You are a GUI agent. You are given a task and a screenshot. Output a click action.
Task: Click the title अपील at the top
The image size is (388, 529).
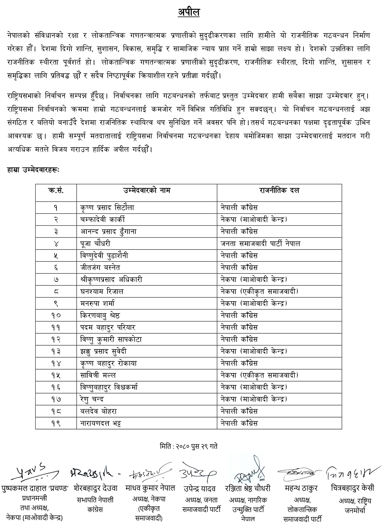tap(188, 12)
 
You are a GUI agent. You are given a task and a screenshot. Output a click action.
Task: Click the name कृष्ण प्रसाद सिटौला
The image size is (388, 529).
tap(107, 208)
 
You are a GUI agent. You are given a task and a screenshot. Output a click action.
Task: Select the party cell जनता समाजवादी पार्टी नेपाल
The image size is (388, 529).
tap(260, 244)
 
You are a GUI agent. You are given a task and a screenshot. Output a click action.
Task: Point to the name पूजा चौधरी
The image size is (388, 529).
tap(95, 244)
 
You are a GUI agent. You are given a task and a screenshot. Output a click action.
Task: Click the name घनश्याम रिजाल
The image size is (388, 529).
tap(102, 291)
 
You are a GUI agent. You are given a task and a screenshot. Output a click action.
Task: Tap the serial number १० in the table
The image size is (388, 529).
tap(56, 315)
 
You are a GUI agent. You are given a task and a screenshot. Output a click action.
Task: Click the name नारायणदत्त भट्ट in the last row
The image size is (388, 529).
tap(101, 423)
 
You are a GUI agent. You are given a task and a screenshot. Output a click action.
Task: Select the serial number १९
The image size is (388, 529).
tap(56, 423)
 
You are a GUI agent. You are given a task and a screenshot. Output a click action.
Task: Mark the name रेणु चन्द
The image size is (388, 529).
tap(92, 399)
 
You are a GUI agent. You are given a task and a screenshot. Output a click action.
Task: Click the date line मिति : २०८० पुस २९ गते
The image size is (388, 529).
tap(188, 446)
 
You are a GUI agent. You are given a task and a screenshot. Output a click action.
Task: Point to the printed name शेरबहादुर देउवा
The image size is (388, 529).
tap(96, 488)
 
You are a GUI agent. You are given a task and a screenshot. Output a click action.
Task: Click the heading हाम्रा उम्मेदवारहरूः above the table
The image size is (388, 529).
tap(33, 170)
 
